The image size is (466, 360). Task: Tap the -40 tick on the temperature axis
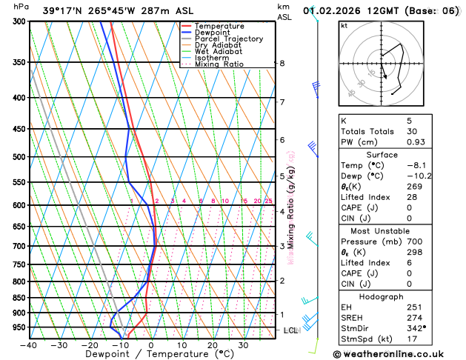click(x=28, y=345)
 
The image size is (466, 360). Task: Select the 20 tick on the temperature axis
click(x=212, y=345)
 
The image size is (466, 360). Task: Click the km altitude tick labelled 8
click(x=282, y=64)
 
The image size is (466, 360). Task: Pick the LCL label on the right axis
click(x=290, y=330)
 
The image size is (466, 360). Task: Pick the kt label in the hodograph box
click(x=344, y=25)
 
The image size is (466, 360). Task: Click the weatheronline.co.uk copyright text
click(x=393, y=354)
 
